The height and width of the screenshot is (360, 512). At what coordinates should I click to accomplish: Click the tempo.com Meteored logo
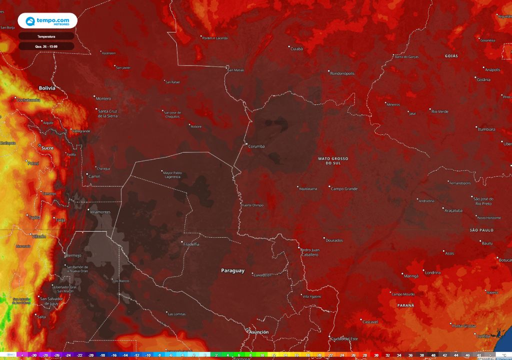pos(47,20)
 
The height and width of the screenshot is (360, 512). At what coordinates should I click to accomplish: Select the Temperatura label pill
pos(46,36)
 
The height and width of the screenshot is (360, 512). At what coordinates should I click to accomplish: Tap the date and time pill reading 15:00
pos(46,46)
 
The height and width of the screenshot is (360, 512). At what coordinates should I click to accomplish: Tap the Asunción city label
pos(259,331)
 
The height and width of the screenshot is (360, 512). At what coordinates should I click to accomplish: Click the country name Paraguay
pos(233,270)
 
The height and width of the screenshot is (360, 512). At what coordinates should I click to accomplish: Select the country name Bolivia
pos(46,88)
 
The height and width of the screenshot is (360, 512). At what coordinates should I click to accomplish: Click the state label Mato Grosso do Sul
pos(333,160)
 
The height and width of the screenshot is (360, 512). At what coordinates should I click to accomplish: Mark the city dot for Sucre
pos(40,145)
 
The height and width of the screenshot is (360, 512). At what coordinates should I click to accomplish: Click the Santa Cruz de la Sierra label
pos(108,113)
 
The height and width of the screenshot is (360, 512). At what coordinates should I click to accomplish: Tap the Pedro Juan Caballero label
pos(309,252)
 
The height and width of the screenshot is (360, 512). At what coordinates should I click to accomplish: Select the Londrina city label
pos(432,272)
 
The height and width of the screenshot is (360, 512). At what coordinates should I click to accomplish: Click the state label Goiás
pos(451,56)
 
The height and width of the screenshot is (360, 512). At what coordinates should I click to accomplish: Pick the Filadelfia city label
pos(191,244)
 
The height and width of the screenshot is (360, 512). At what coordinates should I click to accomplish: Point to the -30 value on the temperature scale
pos(33,355)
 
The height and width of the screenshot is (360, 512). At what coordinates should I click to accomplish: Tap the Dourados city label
pos(334,240)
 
